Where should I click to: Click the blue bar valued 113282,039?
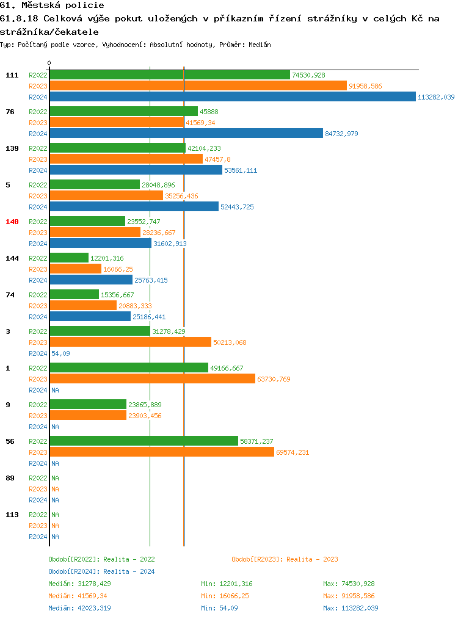coord(233,97)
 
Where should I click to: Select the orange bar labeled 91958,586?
coord(198,86)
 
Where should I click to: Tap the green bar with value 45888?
coord(124,112)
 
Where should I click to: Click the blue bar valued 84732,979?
coord(186,134)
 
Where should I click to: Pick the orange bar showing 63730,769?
coord(153,379)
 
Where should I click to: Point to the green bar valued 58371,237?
coord(144,441)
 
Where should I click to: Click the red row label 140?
coord(12,222)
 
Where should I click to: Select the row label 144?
coord(12,258)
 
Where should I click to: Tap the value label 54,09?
coord(60,353)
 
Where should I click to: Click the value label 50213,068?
coord(230,342)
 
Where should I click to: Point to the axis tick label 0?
coord(49,63)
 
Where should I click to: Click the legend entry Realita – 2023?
coord(285,559)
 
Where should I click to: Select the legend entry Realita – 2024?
coord(101,571)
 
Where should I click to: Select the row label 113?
coord(12,515)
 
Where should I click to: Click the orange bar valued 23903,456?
coord(88,416)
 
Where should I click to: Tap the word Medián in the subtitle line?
coord(260,45)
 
